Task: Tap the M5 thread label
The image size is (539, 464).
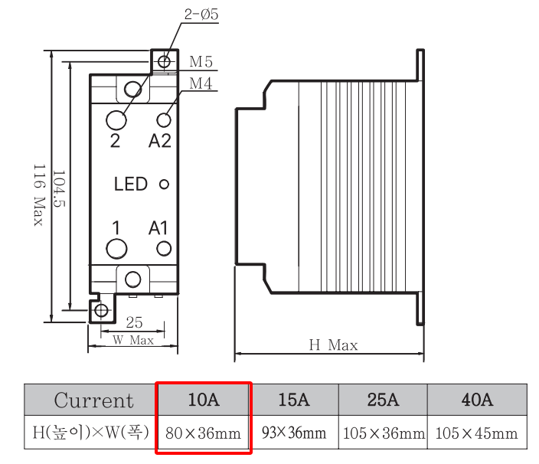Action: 201,62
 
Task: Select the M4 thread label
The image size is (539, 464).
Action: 201,83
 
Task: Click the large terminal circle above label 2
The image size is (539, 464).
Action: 116,119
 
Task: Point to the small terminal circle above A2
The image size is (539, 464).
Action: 163,119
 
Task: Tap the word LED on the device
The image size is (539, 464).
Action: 130,185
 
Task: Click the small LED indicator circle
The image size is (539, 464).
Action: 163,185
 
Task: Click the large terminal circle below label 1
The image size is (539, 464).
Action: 116,248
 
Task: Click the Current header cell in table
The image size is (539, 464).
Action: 93,400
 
